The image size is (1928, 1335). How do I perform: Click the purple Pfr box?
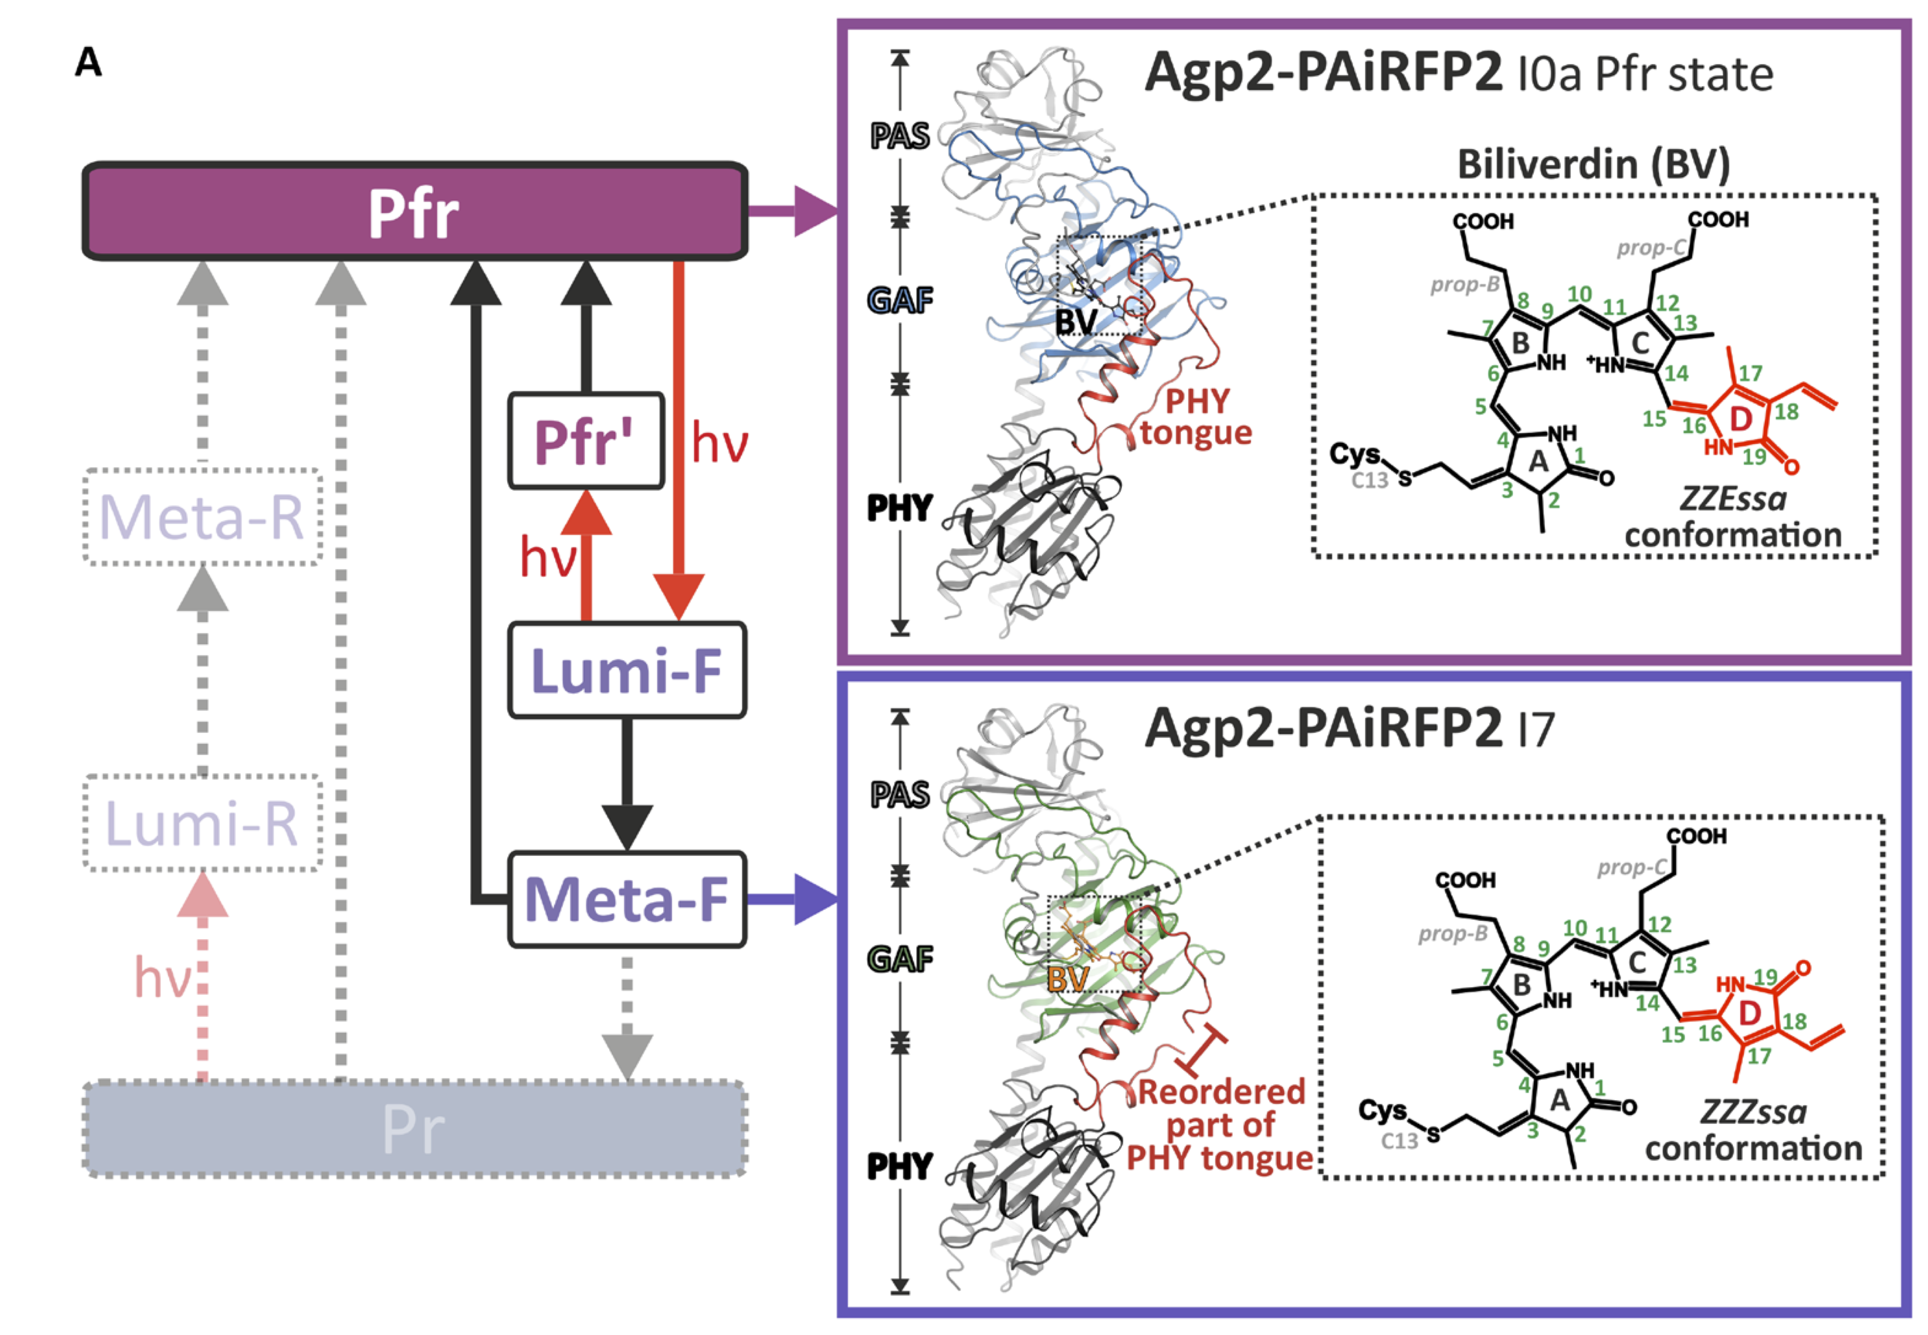(x=414, y=211)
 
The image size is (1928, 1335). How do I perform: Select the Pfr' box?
(x=585, y=441)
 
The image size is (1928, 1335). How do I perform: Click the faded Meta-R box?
(x=202, y=517)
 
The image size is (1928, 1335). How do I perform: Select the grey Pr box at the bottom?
(x=414, y=1129)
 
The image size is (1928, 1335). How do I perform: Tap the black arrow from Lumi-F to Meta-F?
(x=626, y=786)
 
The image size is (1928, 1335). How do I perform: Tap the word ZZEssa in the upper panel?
(x=1733, y=499)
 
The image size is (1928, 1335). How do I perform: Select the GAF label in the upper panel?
(x=900, y=299)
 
